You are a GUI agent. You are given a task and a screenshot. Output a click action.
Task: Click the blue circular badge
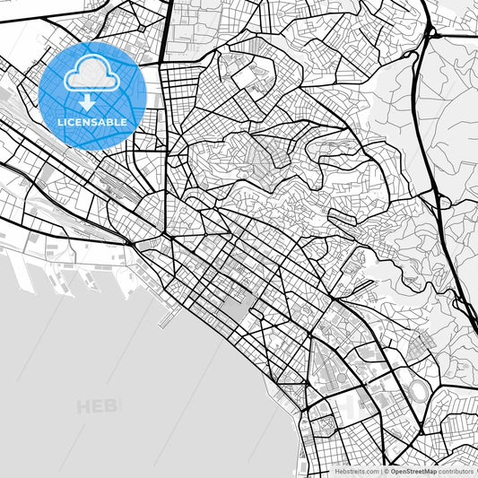click(x=91, y=94)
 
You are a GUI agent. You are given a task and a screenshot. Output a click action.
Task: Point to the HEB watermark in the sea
click(x=98, y=408)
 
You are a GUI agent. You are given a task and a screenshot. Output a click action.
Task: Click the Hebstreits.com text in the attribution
click(x=357, y=471)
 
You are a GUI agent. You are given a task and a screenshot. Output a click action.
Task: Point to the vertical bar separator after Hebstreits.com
click(x=380, y=471)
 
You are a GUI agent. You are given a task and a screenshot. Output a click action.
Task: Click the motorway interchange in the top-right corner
click(x=430, y=33)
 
